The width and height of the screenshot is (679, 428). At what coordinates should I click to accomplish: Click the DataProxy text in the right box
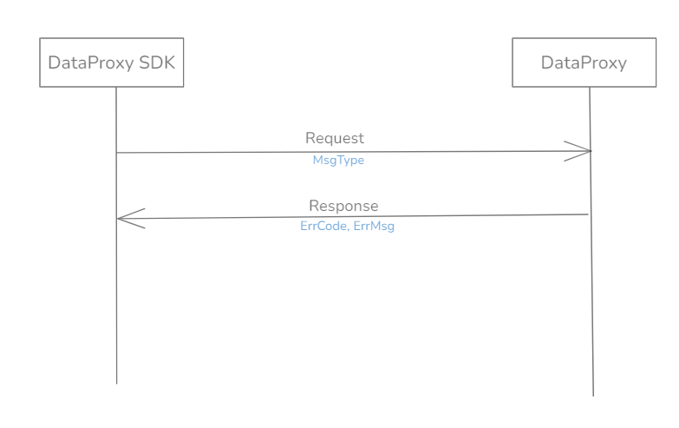(x=584, y=63)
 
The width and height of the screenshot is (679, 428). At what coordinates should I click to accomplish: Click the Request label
(x=335, y=138)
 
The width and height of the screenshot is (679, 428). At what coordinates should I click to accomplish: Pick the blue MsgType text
(x=338, y=161)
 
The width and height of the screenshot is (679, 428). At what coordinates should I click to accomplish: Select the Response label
(x=343, y=206)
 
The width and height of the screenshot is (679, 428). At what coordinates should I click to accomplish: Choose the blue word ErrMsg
(x=374, y=227)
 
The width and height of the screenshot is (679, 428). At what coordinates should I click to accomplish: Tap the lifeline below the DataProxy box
(x=591, y=304)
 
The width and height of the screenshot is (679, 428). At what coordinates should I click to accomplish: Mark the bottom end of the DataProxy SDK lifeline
(x=116, y=383)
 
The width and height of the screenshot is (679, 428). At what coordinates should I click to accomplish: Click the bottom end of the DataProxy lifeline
(x=593, y=395)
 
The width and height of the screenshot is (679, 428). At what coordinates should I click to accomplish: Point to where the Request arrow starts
(x=117, y=153)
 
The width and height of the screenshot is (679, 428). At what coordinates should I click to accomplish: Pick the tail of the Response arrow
(x=590, y=214)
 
